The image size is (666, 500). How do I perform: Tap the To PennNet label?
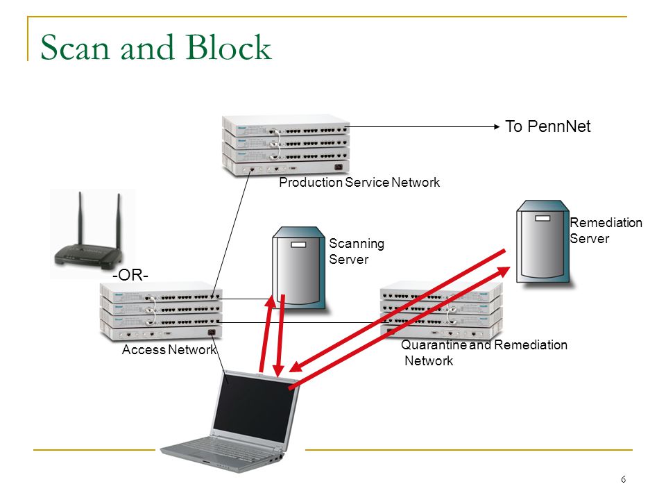tap(547, 126)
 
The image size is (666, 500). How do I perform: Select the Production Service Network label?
tap(359, 183)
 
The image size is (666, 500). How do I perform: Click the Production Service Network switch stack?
tap(286, 145)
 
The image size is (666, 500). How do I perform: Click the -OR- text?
tap(130, 275)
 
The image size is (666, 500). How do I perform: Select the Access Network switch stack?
tap(161, 310)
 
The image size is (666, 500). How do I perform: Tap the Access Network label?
tap(169, 349)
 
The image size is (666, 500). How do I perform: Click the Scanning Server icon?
tap(299, 268)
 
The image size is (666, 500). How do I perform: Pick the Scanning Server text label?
tap(357, 251)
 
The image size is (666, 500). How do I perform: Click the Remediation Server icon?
tap(543, 242)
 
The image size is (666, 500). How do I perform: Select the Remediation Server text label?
tap(606, 230)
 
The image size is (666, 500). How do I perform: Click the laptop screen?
tap(255, 409)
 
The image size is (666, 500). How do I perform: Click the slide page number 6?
tap(623, 480)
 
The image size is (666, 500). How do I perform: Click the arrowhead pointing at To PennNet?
tap(497, 126)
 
